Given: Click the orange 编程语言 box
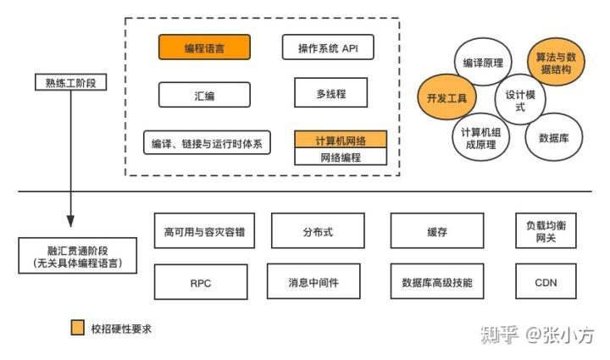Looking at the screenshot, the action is click(x=204, y=47).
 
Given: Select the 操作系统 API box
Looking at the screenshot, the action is click(x=328, y=47).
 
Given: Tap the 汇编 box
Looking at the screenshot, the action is click(x=204, y=95).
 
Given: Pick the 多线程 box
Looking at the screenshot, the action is click(x=330, y=92).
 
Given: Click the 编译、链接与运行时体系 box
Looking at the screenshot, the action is click(x=207, y=142).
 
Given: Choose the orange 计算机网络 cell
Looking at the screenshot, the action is click(x=341, y=139).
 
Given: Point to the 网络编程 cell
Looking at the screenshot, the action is click(x=341, y=157).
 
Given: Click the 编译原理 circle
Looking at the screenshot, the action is click(x=483, y=62).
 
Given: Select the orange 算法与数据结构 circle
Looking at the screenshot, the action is click(x=556, y=62).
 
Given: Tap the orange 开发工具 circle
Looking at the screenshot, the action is click(x=446, y=97).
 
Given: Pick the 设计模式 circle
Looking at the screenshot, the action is click(x=520, y=99).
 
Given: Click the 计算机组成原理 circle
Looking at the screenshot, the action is click(x=481, y=137).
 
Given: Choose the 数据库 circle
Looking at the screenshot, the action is click(x=553, y=137).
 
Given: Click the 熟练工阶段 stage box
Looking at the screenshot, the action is click(x=71, y=82).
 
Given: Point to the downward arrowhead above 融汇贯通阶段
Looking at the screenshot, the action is click(x=70, y=221).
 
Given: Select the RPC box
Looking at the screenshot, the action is click(x=201, y=282).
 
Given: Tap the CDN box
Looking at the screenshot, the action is click(x=546, y=281).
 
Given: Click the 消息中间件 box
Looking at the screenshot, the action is click(x=313, y=281).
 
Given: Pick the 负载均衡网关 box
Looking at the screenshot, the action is click(x=546, y=230).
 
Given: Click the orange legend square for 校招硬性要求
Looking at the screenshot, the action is click(x=77, y=327).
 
